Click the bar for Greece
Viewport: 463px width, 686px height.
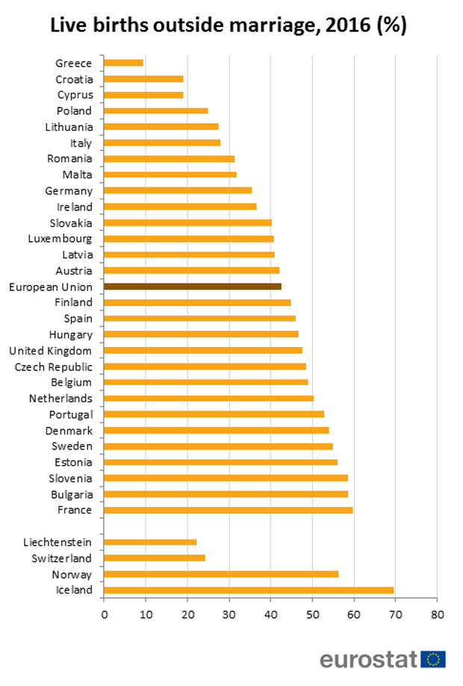(x=123, y=63)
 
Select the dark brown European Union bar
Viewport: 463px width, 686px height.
(x=193, y=287)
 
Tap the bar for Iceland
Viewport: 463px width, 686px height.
(x=249, y=590)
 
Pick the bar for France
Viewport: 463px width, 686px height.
(x=228, y=511)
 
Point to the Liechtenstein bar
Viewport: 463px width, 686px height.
(x=150, y=542)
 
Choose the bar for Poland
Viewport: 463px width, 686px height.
(x=156, y=110)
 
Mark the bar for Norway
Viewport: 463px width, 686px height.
(x=221, y=574)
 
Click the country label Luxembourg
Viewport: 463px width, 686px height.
(x=60, y=239)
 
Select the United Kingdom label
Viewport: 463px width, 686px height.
(x=51, y=351)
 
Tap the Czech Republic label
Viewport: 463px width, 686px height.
(x=54, y=367)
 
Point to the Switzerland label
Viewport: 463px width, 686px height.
(x=62, y=558)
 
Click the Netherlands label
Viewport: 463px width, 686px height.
(x=60, y=399)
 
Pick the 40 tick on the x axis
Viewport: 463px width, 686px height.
(x=270, y=614)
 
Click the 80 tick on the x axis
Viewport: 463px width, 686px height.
(x=438, y=614)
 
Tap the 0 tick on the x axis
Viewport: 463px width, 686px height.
(x=104, y=614)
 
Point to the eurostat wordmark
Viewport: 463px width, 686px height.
(x=369, y=659)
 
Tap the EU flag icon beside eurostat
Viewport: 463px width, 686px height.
(x=433, y=659)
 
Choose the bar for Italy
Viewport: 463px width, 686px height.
(x=162, y=143)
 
